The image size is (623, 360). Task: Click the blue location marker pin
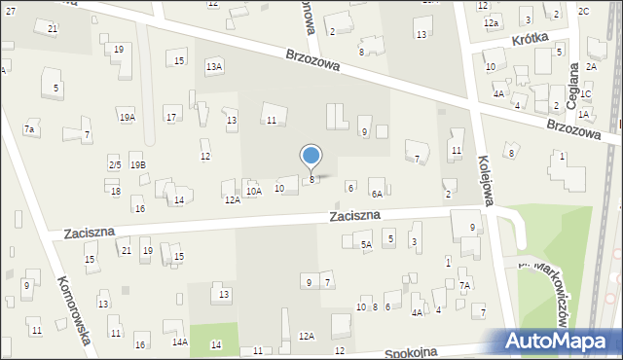[x=311, y=157]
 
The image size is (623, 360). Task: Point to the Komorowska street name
[x=75, y=308]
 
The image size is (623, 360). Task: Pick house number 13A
[x=214, y=65]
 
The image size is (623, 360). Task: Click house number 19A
[x=128, y=117]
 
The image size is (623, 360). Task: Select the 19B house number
[x=137, y=165]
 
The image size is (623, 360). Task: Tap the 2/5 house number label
[x=115, y=165]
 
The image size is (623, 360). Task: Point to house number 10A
[x=253, y=192]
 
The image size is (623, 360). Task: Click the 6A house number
[x=376, y=195]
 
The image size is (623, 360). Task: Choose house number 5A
[x=366, y=245]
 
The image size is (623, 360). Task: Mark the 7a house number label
[x=30, y=129]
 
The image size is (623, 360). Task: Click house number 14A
[x=180, y=342]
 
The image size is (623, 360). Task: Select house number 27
[x=10, y=9]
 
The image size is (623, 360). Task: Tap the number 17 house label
[x=171, y=118]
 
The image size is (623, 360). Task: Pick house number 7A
[x=465, y=285]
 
